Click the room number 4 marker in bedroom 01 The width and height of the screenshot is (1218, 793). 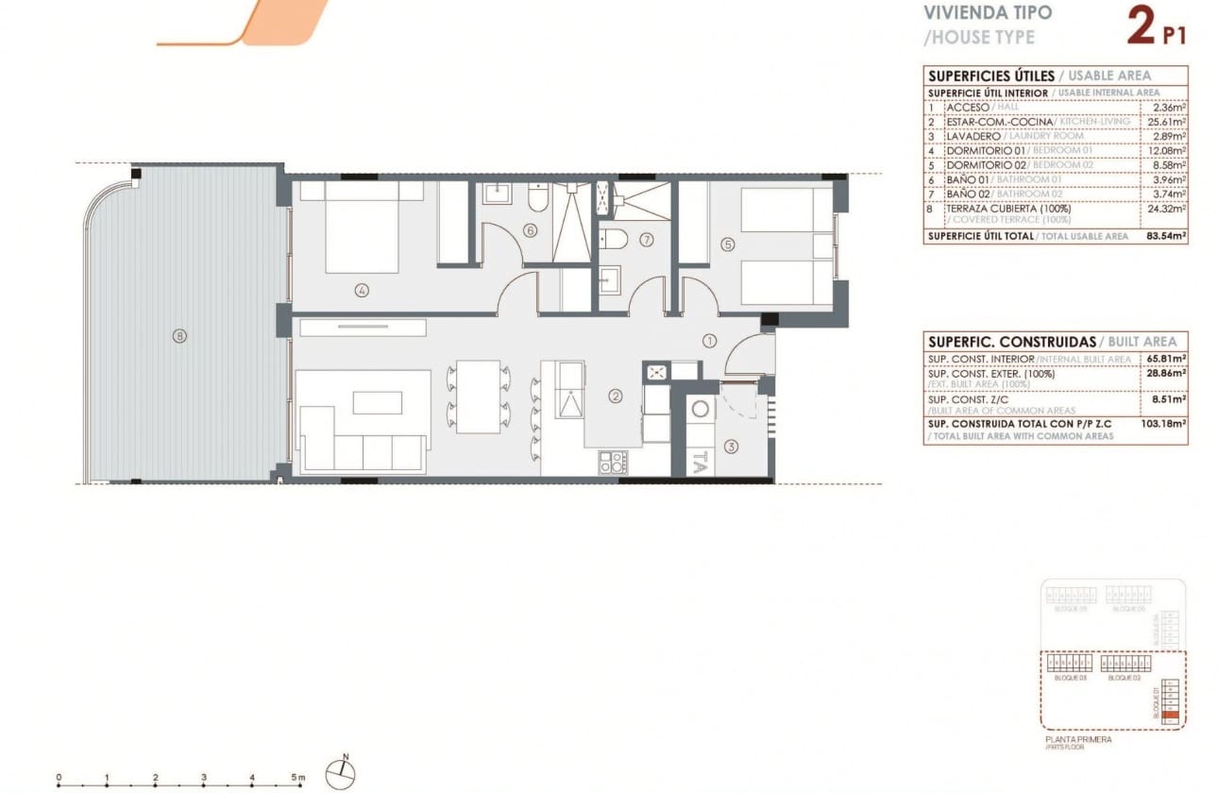pyautogui.click(x=362, y=291)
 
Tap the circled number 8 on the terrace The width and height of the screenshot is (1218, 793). pyautogui.click(x=178, y=336)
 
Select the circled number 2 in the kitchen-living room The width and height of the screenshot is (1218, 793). pyautogui.click(x=615, y=396)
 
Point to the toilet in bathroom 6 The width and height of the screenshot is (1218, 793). pyautogui.click(x=537, y=199)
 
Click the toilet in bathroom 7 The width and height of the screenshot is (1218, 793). pyautogui.click(x=613, y=239)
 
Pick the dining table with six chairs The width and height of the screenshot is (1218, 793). pyautogui.click(x=478, y=396)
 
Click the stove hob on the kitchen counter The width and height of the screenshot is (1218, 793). pyautogui.click(x=612, y=462)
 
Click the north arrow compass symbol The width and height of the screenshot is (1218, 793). pyautogui.click(x=340, y=773)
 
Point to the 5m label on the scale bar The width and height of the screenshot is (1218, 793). pyautogui.click(x=299, y=778)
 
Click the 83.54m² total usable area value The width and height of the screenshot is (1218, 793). pyautogui.click(x=1165, y=236)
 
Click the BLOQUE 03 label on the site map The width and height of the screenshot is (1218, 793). pyautogui.click(x=1069, y=678)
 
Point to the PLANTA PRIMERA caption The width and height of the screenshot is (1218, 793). pyautogui.click(x=1077, y=739)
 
